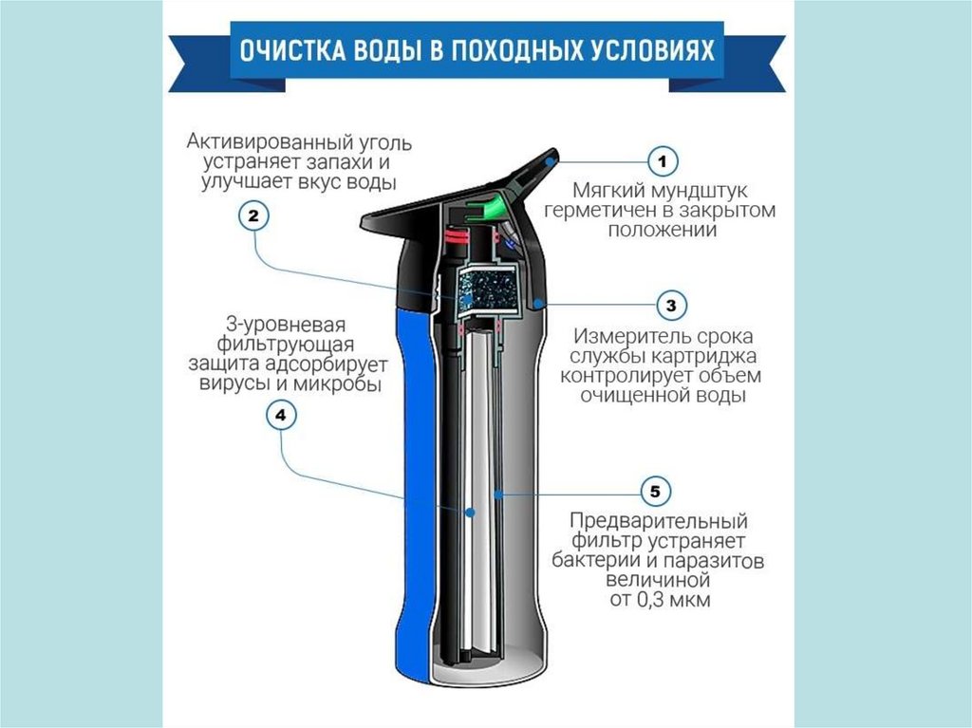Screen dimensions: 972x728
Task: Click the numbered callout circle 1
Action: click(663, 161)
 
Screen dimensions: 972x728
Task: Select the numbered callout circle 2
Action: click(252, 216)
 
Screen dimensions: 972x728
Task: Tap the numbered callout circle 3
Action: click(671, 306)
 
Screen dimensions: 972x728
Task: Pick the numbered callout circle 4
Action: click(281, 415)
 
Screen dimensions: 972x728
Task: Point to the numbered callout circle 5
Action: click(655, 492)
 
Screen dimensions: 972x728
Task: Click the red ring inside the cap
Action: click(458, 235)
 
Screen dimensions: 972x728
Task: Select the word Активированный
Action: click(271, 142)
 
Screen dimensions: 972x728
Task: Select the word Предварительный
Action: click(659, 521)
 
